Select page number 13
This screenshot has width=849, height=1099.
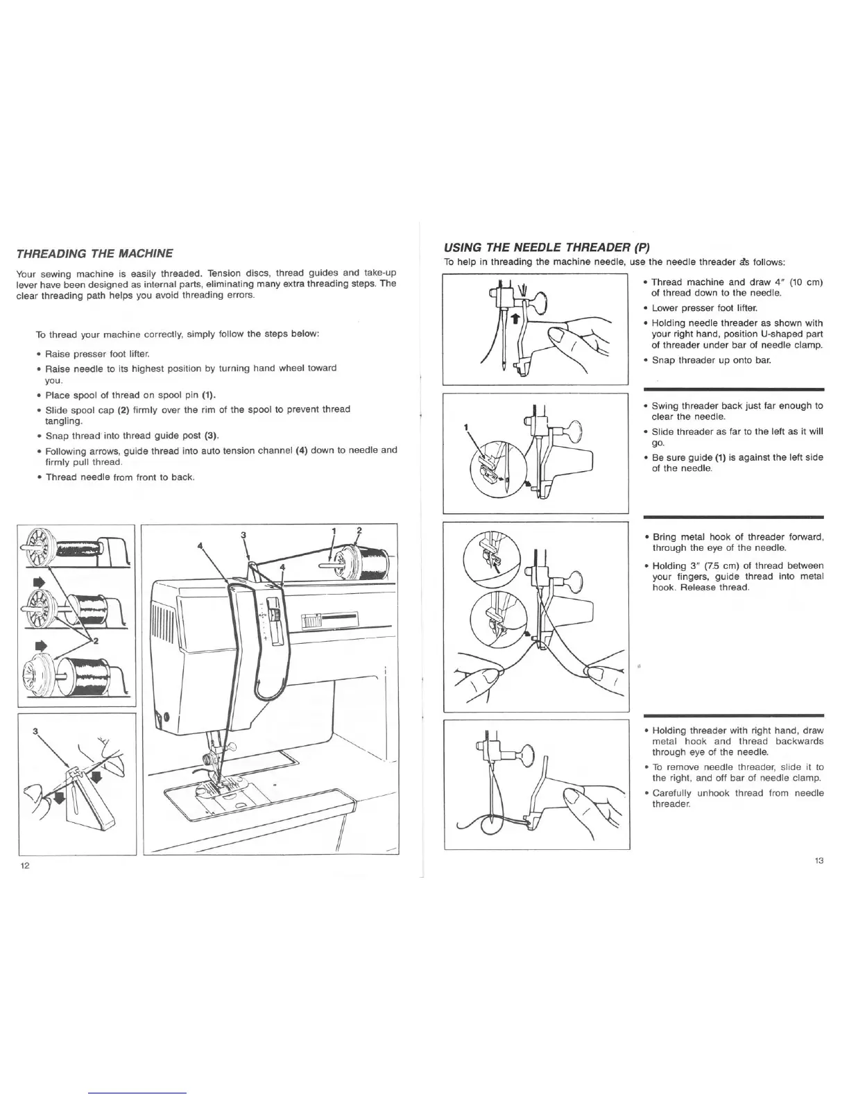point(819,861)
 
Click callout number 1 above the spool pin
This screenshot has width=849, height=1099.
point(334,531)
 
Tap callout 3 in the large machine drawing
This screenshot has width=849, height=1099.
point(243,534)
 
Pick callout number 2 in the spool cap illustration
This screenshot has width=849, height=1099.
point(95,640)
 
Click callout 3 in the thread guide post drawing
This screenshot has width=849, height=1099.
point(34,731)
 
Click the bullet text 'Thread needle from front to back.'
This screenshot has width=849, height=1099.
point(119,477)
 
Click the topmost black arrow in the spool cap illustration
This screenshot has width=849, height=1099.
point(38,579)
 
